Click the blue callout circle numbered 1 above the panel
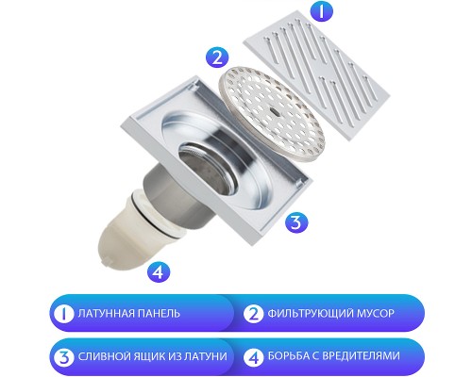[321, 10]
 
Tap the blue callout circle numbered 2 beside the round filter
[217, 57]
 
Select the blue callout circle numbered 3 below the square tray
[296, 222]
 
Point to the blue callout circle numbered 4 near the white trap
[159, 270]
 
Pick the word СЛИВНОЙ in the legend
[102, 356]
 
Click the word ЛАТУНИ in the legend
[206, 356]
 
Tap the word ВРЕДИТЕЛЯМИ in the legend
[360, 356]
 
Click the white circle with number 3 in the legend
[64, 357]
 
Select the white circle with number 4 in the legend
[253, 357]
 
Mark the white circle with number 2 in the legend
[253, 314]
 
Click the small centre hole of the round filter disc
[273, 110]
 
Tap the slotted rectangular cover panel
[317, 74]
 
